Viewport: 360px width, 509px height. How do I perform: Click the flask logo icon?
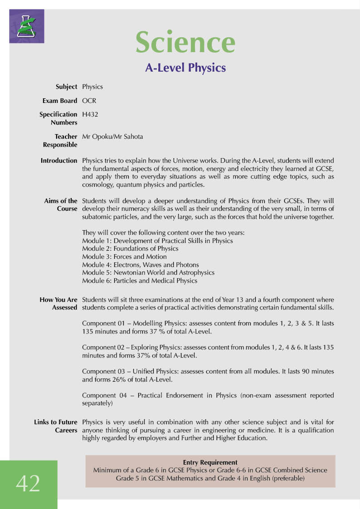coord(27,26)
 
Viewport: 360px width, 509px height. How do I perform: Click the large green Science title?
coord(185,42)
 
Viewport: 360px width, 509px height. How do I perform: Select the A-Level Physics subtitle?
coord(185,68)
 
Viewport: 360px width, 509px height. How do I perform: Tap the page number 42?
coord(28,484)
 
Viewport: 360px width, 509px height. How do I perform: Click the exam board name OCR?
coord(89,101)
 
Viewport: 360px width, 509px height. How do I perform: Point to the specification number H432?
coord(90,115)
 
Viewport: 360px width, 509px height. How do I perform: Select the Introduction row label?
coord(59,160)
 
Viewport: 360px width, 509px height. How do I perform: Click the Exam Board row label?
coord(60,101)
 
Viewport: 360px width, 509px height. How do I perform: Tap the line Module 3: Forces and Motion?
coord(124,257)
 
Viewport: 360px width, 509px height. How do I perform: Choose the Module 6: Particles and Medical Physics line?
coord(140,281)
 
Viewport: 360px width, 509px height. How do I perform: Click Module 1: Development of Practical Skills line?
coord(157,241)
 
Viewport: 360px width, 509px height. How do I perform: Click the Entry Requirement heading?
coord(210,462)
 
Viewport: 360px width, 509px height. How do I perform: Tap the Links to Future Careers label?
coord(56,426)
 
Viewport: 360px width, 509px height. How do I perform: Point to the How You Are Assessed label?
coord(58,304)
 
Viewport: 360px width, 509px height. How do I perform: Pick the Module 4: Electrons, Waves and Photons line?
coord(141,265)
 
